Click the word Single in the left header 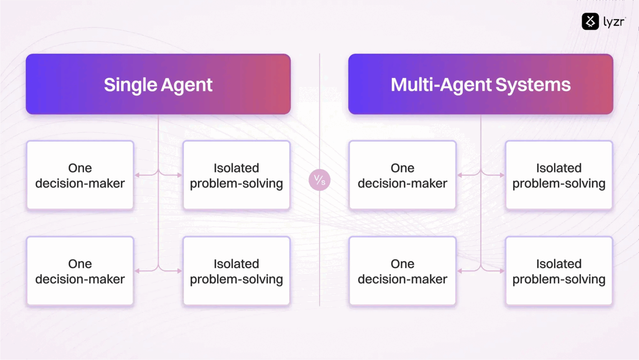coord(130,85)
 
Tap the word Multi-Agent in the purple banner coord(441,85)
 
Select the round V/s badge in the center coord(319,180)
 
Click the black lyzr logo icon coord(590,22)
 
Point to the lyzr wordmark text coord(614,22)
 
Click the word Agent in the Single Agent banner coord(187,85)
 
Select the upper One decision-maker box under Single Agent coord(80,175)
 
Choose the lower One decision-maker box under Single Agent coord(80,271)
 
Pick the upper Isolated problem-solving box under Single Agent coord(236,175)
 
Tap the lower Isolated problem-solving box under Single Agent coord(236,271)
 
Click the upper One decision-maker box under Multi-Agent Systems coord(402,175)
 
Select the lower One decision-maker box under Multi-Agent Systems coord(402,271)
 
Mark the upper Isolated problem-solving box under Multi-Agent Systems coord(559,175)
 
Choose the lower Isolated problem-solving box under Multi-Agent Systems coord(559,271)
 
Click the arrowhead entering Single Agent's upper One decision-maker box coord(137,175)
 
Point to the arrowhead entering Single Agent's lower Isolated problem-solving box coord(179,271)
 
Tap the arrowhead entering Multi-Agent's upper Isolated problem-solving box coord(502,175)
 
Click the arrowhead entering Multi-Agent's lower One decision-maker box coord(460,271)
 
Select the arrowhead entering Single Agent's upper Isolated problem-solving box coord(179,175)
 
